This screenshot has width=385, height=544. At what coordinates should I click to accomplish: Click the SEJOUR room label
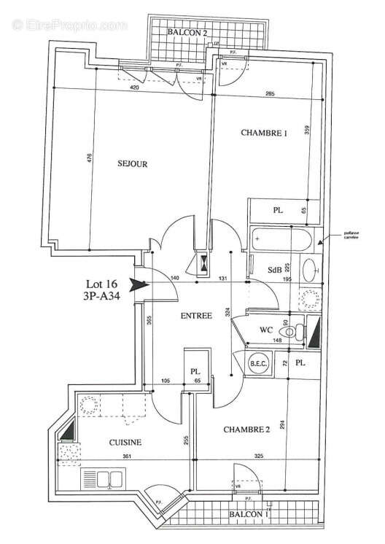133,164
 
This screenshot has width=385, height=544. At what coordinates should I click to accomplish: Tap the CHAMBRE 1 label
264,133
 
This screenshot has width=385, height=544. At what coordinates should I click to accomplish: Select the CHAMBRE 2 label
246,430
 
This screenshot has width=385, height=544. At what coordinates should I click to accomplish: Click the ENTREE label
196,316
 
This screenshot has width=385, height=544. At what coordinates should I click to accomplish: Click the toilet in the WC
292,332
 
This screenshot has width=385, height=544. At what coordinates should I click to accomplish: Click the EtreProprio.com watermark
69,26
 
